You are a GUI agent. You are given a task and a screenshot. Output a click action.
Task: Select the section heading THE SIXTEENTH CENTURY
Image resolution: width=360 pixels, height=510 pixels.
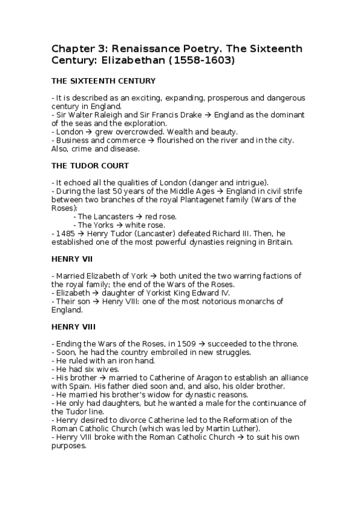pos(104,81)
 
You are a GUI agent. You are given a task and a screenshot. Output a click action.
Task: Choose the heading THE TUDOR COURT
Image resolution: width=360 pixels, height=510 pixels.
pos(90,165)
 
